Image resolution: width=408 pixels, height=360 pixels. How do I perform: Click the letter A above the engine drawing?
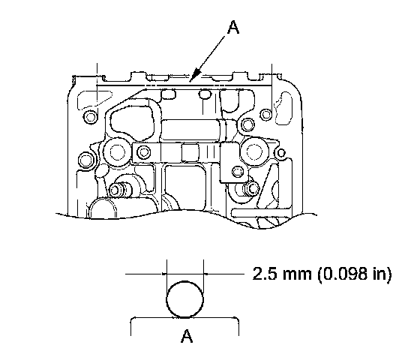(233, 28)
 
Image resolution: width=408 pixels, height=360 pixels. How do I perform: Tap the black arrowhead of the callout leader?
(195, 76)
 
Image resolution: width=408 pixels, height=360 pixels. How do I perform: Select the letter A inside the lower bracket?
(187, 336)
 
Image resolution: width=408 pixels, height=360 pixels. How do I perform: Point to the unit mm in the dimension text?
(296, 275)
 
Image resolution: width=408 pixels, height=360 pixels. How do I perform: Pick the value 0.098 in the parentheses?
(346, 274)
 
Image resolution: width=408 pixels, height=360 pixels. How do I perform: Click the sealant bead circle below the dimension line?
(184, 299)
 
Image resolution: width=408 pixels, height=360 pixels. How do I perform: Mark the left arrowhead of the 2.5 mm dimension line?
(164, 274)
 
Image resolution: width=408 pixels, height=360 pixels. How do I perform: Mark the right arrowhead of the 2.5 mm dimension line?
(205, 274)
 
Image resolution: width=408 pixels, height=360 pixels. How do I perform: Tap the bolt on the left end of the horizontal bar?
(143, 152)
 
